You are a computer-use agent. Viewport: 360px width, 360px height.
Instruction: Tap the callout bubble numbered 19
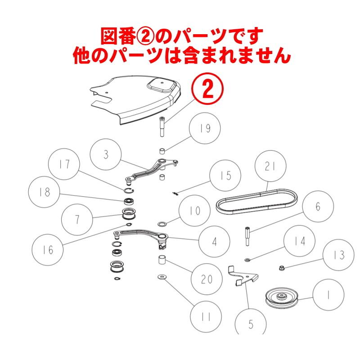205,129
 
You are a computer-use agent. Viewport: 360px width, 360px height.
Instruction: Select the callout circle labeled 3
106,155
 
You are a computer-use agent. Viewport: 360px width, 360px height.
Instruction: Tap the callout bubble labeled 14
300,241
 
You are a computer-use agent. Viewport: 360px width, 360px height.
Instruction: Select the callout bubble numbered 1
328,296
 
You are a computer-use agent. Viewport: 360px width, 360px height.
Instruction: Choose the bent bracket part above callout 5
241,275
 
